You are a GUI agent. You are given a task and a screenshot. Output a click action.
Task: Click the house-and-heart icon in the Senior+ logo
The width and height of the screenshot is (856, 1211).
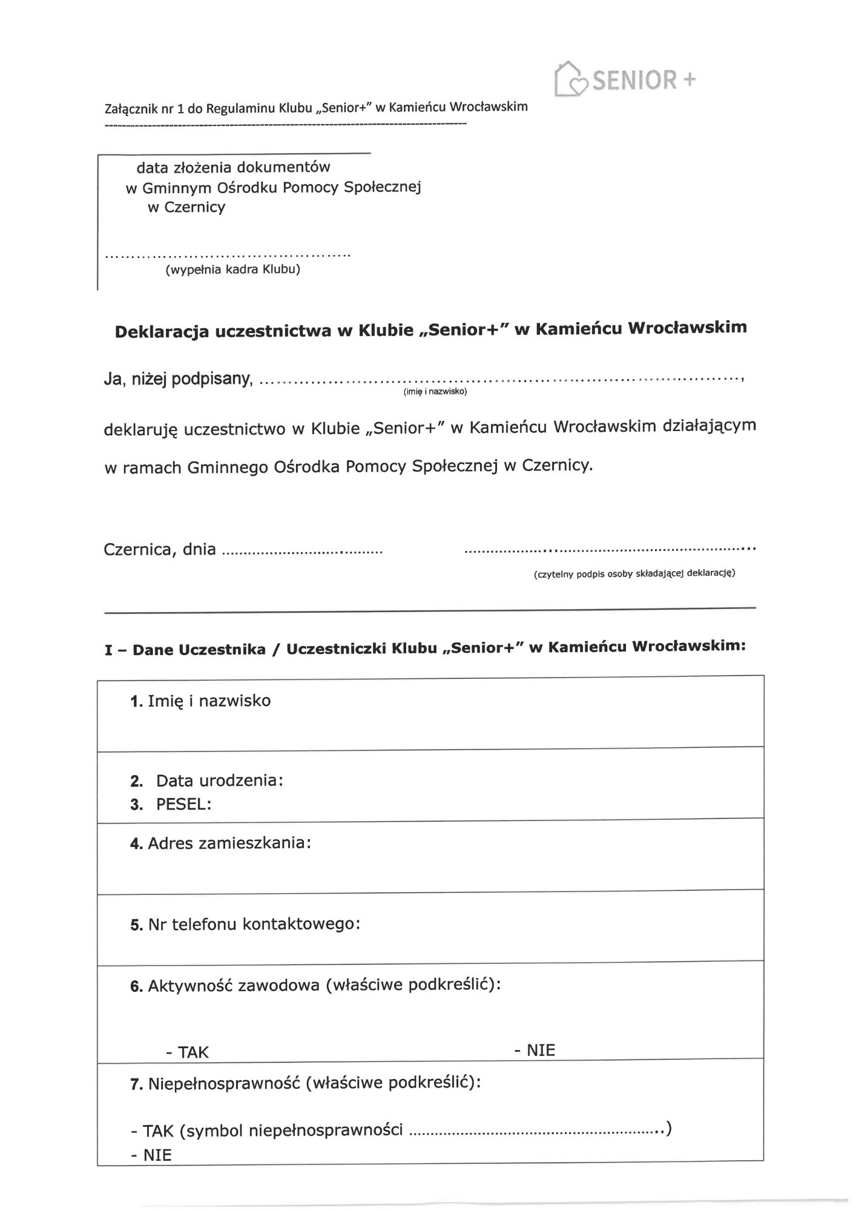pos(570,79)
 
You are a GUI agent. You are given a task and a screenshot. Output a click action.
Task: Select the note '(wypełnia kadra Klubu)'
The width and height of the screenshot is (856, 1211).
pos(233,269)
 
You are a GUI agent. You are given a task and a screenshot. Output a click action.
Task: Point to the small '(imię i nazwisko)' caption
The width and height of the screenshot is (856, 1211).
pos(435,392)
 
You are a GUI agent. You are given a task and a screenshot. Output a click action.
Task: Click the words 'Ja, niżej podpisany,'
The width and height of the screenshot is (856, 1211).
pos(178,380)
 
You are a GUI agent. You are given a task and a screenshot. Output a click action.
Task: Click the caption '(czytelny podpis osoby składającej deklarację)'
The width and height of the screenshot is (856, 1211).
pos(634,573)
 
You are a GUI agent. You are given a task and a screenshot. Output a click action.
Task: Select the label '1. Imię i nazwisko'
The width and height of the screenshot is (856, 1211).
pos(200,701)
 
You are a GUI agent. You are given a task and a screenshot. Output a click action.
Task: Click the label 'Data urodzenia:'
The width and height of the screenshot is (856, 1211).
pos(219,780)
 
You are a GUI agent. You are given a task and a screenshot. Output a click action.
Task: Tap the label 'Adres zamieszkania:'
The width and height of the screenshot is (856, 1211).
pos(229,843)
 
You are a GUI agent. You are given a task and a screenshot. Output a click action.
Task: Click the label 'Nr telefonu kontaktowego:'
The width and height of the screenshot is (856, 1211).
pos(254,924)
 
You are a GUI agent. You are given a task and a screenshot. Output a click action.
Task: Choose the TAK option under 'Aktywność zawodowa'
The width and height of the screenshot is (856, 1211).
pos(193,1052)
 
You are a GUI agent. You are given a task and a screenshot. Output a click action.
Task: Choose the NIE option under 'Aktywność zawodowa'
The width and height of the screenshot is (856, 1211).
pos(540,1049)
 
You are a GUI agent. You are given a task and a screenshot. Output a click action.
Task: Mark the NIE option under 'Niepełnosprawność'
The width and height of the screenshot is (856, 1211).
pos(157,1155)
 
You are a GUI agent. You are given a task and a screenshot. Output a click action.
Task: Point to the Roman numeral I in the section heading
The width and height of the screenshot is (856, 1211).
pos(108,651)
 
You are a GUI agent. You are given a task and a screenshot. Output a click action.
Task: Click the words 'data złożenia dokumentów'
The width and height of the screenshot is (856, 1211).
pos(233,167)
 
